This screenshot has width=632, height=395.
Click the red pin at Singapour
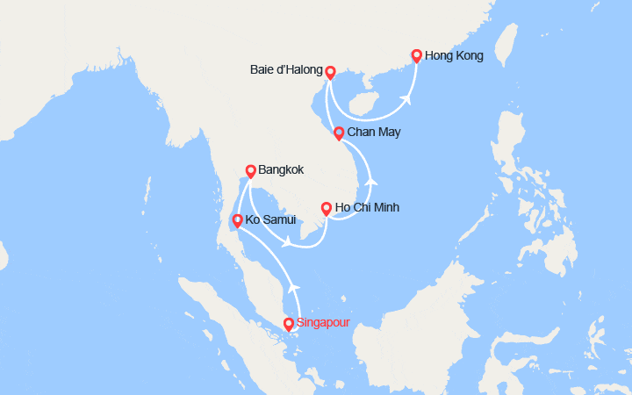(289, 324)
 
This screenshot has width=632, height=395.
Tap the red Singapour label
(323, 322)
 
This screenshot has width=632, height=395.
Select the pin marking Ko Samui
(236, 220)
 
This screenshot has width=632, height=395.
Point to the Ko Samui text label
(270, 219)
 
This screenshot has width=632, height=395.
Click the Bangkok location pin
(250, 171)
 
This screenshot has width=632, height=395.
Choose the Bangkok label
(282, 170)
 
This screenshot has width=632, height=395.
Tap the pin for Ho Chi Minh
(327, 209)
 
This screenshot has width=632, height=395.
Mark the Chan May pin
(339, 133)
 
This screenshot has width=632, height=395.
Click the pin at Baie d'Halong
(330, 73)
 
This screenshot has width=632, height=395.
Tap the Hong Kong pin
(416, 56)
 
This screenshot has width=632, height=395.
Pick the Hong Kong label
(454, 56)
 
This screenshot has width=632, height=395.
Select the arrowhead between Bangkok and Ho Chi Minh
(286, 241)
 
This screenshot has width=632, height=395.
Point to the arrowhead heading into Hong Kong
(407, 99)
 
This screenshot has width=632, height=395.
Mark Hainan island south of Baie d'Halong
(364, 104)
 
